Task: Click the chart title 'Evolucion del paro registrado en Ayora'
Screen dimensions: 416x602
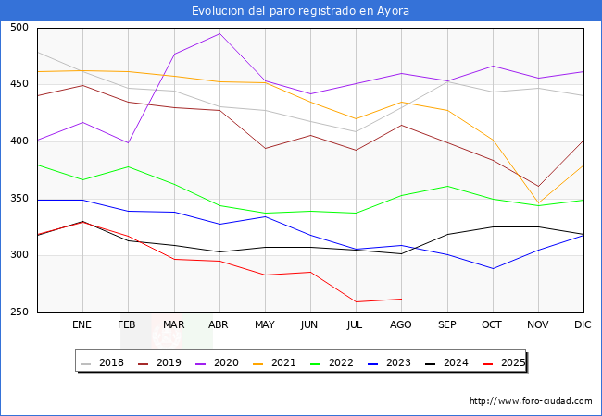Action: click(x=300, y=11)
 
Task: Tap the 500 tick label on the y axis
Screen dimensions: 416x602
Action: click(x=19, y=28)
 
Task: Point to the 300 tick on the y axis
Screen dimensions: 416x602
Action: click(x=19, y=255)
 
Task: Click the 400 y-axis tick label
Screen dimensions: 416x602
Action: click(x=19, y=141)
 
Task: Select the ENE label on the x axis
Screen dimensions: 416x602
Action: click(x=82, y=325)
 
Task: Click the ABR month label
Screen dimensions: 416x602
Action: click(x=219, y=325)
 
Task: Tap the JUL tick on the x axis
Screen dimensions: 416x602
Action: click(x=355, y=325)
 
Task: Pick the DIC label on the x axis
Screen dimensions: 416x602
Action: click(x=583, y=325)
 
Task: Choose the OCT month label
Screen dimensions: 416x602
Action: click(x=491, y=325)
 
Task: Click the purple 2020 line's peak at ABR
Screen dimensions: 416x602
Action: click(x=219, y=33)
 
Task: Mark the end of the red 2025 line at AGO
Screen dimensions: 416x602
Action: click(x=401, y=299)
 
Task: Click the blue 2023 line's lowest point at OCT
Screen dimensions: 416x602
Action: click(x=492, y=269)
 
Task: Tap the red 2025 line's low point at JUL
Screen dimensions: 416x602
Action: click(x=356, y=301)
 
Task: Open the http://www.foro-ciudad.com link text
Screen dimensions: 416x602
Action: click(x=531, y=401)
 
